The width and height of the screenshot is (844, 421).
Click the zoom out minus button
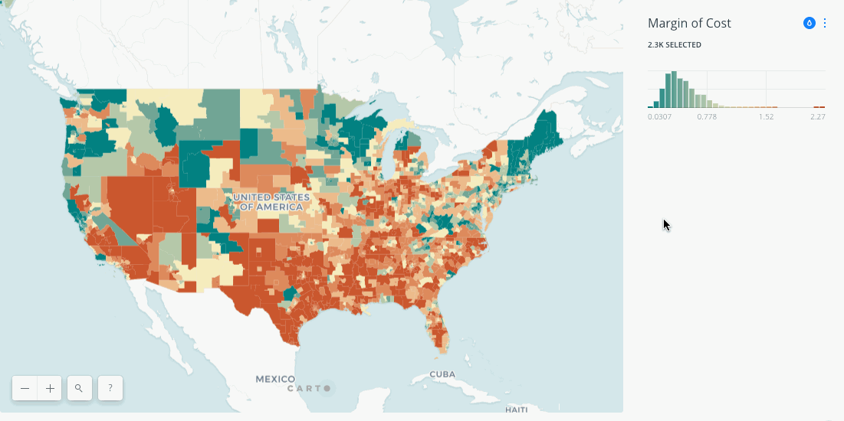tap(25, 389)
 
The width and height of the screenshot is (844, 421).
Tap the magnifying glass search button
tap(79, 389)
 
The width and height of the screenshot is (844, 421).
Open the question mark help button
tap(110, 389)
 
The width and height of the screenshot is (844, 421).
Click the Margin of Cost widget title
tap(689, 23)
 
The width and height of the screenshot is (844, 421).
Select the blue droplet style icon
tap(809, 23)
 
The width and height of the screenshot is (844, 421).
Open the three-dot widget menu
tap(825, 23)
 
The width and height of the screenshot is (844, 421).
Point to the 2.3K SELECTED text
tap(675, 45)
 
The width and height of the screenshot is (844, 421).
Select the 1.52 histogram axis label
tap(766, 116)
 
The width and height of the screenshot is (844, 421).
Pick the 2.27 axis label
tap(817, 116)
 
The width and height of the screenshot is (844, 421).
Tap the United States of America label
tap(272, 202)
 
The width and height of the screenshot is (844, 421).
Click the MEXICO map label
tap(275, 379)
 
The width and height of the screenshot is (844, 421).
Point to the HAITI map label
tap(516, 410)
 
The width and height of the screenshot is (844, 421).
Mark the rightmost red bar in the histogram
tap(822, 107)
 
